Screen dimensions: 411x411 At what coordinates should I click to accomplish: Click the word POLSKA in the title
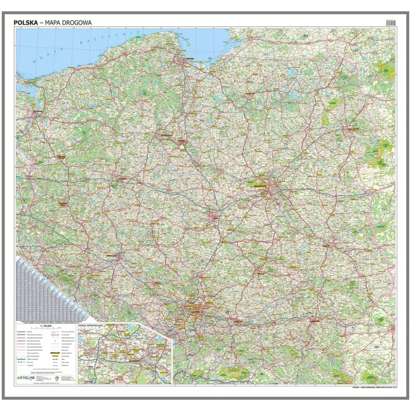32,22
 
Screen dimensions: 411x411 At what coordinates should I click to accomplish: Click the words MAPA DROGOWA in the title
72,22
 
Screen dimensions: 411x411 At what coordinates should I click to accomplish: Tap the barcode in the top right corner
390,22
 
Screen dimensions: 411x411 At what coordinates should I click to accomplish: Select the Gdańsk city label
186,59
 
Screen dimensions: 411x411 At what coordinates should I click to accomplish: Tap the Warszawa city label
259,185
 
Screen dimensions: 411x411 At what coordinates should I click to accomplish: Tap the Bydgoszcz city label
166,135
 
